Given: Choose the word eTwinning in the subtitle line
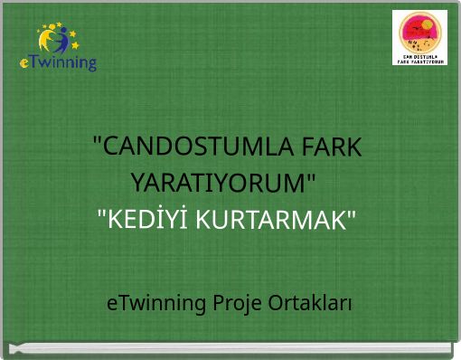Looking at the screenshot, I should click(x=156, y=302).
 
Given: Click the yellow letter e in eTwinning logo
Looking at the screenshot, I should click(x=24, y=63).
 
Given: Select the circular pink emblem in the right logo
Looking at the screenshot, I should click(x=420, y=33).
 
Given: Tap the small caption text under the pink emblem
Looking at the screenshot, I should click(x=420, y=59).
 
